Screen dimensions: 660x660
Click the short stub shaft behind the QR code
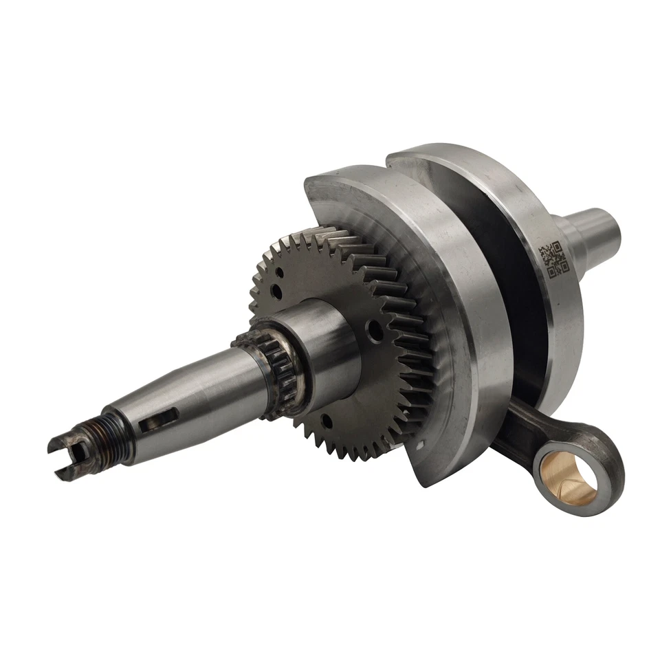[x=591, y=230]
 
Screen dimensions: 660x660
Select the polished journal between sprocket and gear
[x=323, y=344]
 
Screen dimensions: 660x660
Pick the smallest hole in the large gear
[x=280, y=272]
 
